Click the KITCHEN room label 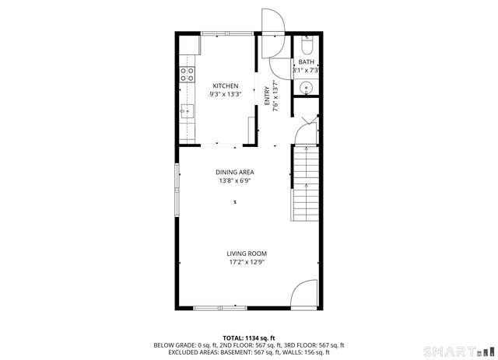[x=226, y=86]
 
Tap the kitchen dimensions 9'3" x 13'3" [x=226, y=94]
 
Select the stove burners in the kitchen [x=187, y=75]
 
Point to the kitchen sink [x=186, y=111]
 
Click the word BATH [x=306, y=62]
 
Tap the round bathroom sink [x=306, y=87]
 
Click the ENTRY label [x=267, y=95]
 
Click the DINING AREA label [x=235, y=173]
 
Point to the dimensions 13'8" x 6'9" [x=235, y=181]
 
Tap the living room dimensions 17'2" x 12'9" [x=247, y=263]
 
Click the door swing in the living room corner [x=303, y=295]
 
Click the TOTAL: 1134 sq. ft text [x=249, y=337]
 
